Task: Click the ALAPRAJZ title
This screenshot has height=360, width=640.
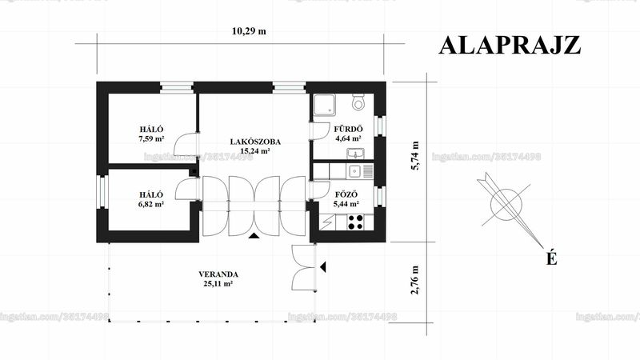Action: tap(510, 46)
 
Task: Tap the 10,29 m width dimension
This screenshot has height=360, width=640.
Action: tap(249, 31)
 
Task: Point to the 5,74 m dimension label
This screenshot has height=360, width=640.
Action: tap(415, 155)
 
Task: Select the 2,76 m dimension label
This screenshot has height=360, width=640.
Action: tap(415, 280)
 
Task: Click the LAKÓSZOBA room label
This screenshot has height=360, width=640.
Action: tap(255, 142)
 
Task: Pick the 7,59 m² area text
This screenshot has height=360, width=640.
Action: tap(151, 138)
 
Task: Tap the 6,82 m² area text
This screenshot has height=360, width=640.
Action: tap(151, 204)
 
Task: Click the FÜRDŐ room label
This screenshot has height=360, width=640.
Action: tap(348, 129)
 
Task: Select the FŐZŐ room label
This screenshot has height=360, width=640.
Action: tap(346, 194)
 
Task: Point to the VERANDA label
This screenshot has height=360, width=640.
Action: tap(218, 274)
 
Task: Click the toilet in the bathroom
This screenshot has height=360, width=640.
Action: tap(358, 102)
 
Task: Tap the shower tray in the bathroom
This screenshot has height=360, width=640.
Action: tap(325, 105)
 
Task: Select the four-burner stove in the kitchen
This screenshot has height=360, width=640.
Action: tap(355, 222)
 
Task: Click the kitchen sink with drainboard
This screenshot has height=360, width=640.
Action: tap(359, 171)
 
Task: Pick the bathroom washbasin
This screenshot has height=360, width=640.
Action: tap(356, 154)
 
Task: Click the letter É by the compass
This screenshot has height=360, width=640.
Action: tap(552, 258)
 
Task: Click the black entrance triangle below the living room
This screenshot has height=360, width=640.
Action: tap(254, 235)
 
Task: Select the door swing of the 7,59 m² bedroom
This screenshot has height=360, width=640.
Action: tap(186, 144)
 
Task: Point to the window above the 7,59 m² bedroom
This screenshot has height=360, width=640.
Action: tap(176, 88)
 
